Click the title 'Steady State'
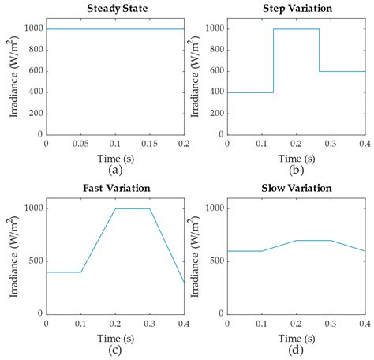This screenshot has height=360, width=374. (x=114, y=9)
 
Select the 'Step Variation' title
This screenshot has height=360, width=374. (x=296, y=9)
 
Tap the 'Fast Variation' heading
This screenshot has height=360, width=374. (x=114, y=189)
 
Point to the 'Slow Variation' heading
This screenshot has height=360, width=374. (x=296, y=189)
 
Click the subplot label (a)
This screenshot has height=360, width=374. (x=114, y=168)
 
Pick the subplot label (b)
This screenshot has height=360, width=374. (x=296, y=168)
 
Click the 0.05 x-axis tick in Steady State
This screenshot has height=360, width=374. (x=80, y=144)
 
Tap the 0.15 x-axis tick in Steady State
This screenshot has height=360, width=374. (x=149, y=144)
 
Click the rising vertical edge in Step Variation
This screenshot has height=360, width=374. (x=273, y=61)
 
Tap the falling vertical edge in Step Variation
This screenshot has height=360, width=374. (x=320, y=51)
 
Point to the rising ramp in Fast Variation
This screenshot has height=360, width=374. (x=98, y=240)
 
